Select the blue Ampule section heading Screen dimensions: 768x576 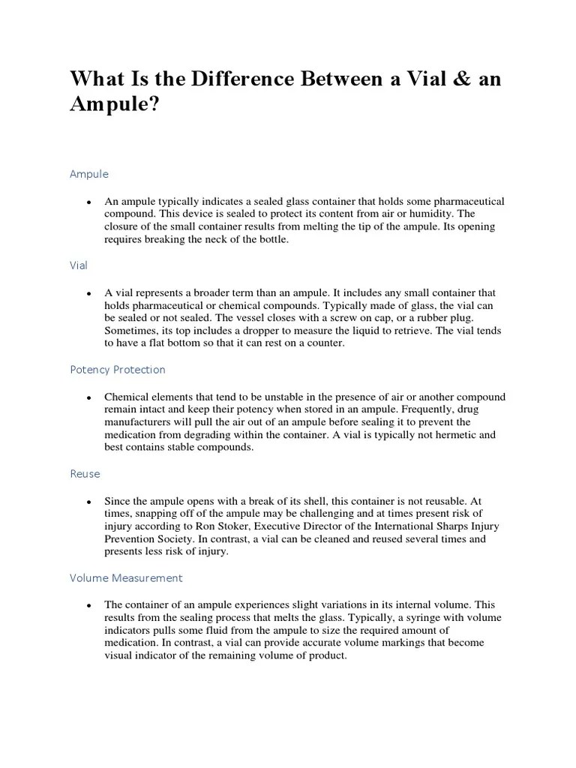89,174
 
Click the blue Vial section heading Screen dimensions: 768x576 79,265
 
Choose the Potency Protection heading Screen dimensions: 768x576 118,370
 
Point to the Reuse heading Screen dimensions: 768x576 85,474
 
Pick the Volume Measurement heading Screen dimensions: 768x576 126,578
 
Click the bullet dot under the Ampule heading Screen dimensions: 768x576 89,202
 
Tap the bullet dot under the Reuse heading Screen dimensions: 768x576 89,501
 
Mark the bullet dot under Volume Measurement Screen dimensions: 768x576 89,605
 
